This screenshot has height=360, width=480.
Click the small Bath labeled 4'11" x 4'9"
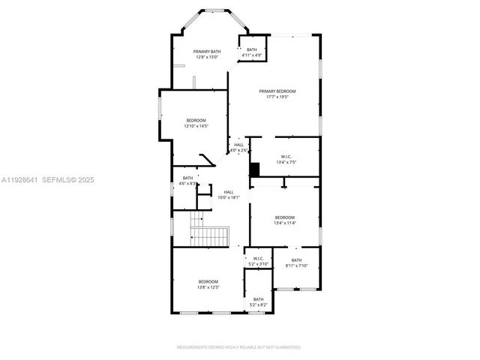pyautogui.click(x=251, y=52)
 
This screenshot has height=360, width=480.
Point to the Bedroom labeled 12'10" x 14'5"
pyautogui.click(x=196, y=123)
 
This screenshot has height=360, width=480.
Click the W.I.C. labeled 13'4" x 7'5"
pyautogui.click(x=286, y=160)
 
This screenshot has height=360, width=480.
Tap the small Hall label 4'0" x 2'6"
pyautogui.click(x=238, y=148)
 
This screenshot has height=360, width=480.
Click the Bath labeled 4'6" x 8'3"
pyautogui.click(x=187, y=181)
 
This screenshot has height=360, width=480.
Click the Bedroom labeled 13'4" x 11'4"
pyautogui.click(x=285, y=220)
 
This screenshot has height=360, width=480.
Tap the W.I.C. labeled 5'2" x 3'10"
pyautogui.click(x=258, y=261)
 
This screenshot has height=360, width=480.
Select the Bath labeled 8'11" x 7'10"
pyautogui.click(x=297, y=262)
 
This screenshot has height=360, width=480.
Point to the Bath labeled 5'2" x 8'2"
pyautogui.click(x=258, y=301)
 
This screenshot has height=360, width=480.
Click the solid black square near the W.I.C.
pyautogui.click(x=255, y=170)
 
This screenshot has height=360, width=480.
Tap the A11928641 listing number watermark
pyautogui.click(x=18, y=180)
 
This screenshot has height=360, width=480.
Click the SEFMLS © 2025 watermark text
pyautogui.click(x=67, y=180)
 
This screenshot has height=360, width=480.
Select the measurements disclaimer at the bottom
pyautogui.click(x=239, y=347)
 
